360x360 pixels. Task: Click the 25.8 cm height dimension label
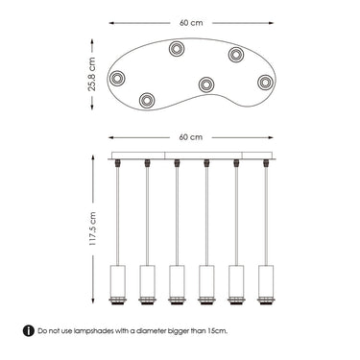tap(92, 74)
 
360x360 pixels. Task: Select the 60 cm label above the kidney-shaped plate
tap(191, 23)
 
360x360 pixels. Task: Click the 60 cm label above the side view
tap(191, 137)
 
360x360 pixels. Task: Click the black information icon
tap(29, 331)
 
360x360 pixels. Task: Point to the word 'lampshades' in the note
tap(94, 331)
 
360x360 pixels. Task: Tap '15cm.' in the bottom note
tap(218, 331)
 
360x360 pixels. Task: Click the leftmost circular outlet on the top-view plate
tap(117, 78)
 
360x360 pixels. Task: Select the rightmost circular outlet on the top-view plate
tap(265, 83)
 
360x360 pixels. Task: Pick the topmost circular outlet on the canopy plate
tap(177, 49)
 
